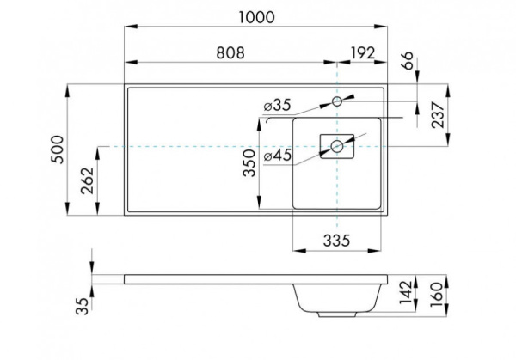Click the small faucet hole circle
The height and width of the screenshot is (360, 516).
point(337,102)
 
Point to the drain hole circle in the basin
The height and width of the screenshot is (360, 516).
point(337,147)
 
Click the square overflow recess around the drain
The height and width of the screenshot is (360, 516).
point(325,147)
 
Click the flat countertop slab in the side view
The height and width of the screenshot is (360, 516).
point(206,280)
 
